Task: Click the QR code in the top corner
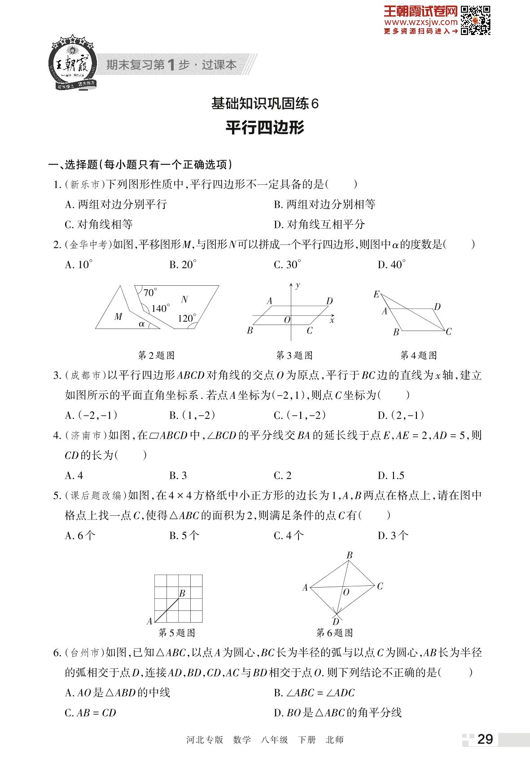pyautogui.click(x=475, y=20)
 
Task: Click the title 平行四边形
pyautogui.click(x=265, y=128)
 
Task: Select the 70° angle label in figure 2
pyautogui.click(x=150, y=293)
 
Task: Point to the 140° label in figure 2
pyautogui.click(x=160, y=309)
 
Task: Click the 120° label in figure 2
pyautogui.click(x=186, y=318)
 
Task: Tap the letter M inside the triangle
pyautogui.click(x=118, y=317)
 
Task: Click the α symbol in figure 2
pyautogui.click(x=142, y=323)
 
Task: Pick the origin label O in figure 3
pyautogui.click(x=287, y=320)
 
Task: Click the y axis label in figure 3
pyautogui.click(x=298, y=285)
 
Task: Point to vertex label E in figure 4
pyautogui.click(x=376, y=294)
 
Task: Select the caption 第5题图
pyautogui.click(x=177, y=632)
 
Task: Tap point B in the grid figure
pyautogui.click(x=182, y=593)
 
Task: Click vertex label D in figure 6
pyautogui.click(x=336, y=622)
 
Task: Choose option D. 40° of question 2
pyautogui.click(x=391, y=265)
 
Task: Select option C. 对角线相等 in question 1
pyautogui.click(x=99, y=224)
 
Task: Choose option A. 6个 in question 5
pyautogui.click(x=80, y=535)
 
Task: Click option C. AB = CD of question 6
pyautogui.click(x=90, y=713)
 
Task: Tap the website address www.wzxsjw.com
pyautogui.click(x=420, y=22)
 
